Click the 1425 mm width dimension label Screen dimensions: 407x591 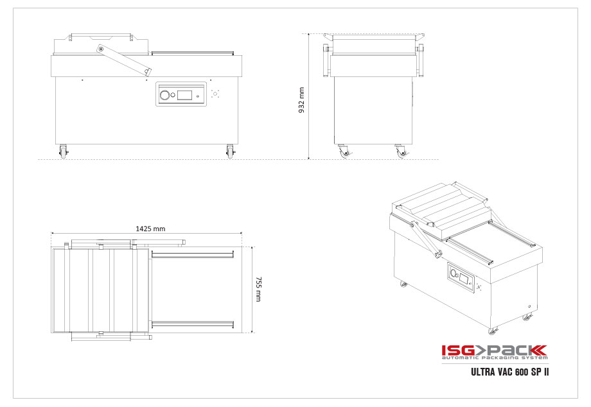(150, 229)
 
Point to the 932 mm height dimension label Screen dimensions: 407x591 (301, 100)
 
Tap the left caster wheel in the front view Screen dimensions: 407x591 (63, 152)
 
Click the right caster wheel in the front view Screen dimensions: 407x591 (230, 152)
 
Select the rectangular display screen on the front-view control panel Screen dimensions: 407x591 (185, 96)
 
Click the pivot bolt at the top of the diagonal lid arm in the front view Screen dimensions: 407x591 (100, 49)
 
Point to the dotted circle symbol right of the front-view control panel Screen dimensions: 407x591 (216, 94)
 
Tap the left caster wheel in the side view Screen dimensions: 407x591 (343, 152)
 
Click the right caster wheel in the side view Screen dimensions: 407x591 (401, 152)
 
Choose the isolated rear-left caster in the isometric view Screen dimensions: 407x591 (403, 284)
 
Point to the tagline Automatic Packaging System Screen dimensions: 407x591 (493, 359)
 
